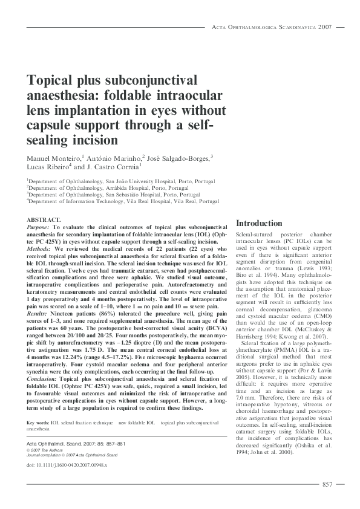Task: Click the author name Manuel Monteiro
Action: click(x=53, y=158)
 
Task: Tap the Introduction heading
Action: click(x=259, y=223)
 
